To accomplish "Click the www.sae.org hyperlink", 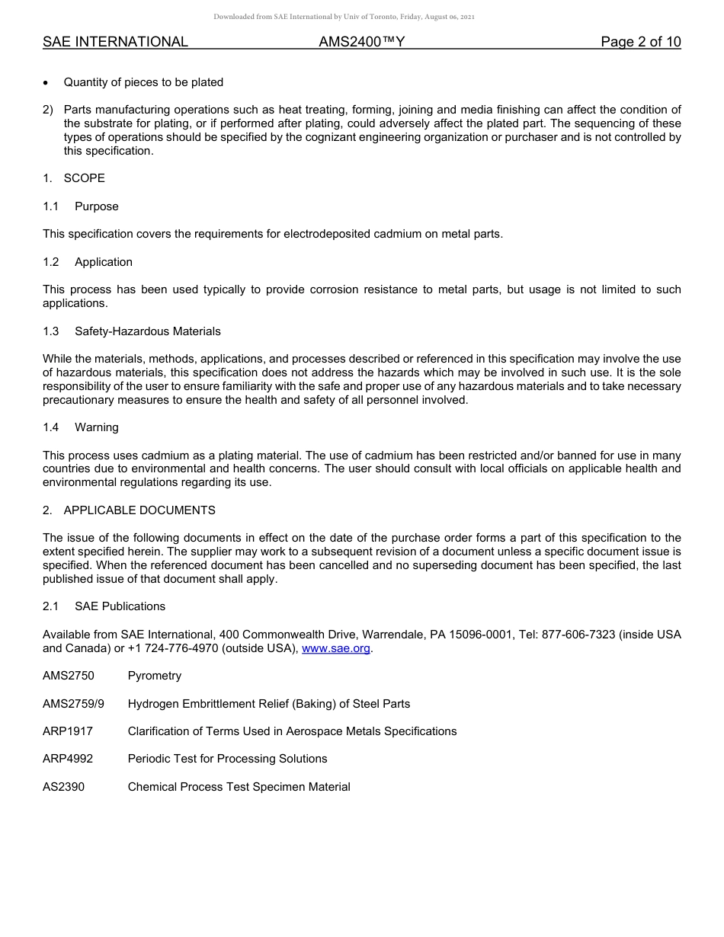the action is (335, 648).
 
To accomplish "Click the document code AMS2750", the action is (69, 676).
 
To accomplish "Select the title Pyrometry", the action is (155, 676).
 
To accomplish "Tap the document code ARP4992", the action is (68, 759).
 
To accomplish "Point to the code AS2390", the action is (64, 787).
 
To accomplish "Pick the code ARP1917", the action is (68, 731).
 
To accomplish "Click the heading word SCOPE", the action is (85, 178).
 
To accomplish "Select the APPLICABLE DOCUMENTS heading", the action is (139, 510).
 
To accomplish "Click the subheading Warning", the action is (97, 427).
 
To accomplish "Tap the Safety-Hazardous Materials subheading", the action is (148, 331).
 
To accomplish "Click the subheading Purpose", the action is (97, 206).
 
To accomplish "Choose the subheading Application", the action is (104, 262).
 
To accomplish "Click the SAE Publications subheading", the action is (120, 606).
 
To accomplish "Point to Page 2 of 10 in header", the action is (640, 42).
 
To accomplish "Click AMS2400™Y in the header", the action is (361, 42).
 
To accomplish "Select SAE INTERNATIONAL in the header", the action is (115, 42).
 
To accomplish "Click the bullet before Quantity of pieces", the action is (46, 82).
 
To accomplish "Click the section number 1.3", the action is (50, 331).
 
